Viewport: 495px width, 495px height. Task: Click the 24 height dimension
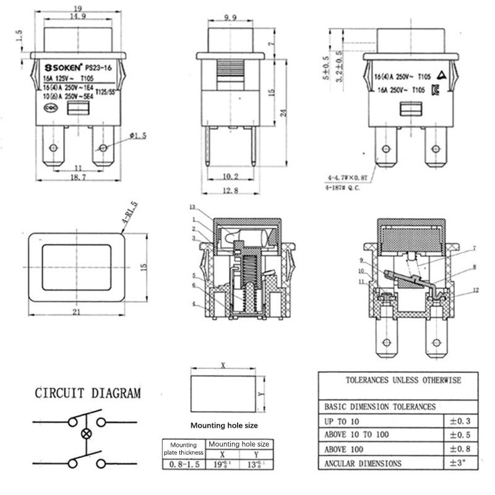point(283,112)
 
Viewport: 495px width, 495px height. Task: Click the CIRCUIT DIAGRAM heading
point(88,392)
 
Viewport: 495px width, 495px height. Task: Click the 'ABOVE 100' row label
point(348,449)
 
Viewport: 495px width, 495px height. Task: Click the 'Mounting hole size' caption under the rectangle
point(223,425)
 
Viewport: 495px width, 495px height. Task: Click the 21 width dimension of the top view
point(77,312)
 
